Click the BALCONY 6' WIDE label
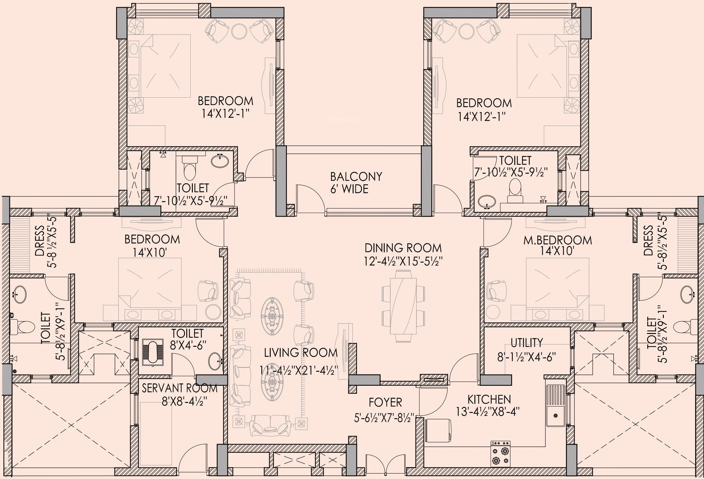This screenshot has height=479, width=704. click(356, 183)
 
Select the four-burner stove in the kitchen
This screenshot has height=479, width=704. click(501, 453)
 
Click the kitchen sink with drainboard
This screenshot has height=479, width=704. click(555, 405)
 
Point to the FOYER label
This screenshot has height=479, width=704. click(385, 403)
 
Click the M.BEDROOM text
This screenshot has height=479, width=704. click(558, 240)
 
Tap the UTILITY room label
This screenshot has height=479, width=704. click(527, 343)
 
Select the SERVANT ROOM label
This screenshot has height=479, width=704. click(179, 388)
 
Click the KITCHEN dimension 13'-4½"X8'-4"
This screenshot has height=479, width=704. click(488, 412)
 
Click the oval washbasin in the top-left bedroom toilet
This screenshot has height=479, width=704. click(220, 161)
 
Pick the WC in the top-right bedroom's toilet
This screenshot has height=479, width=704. click(514, 191)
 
